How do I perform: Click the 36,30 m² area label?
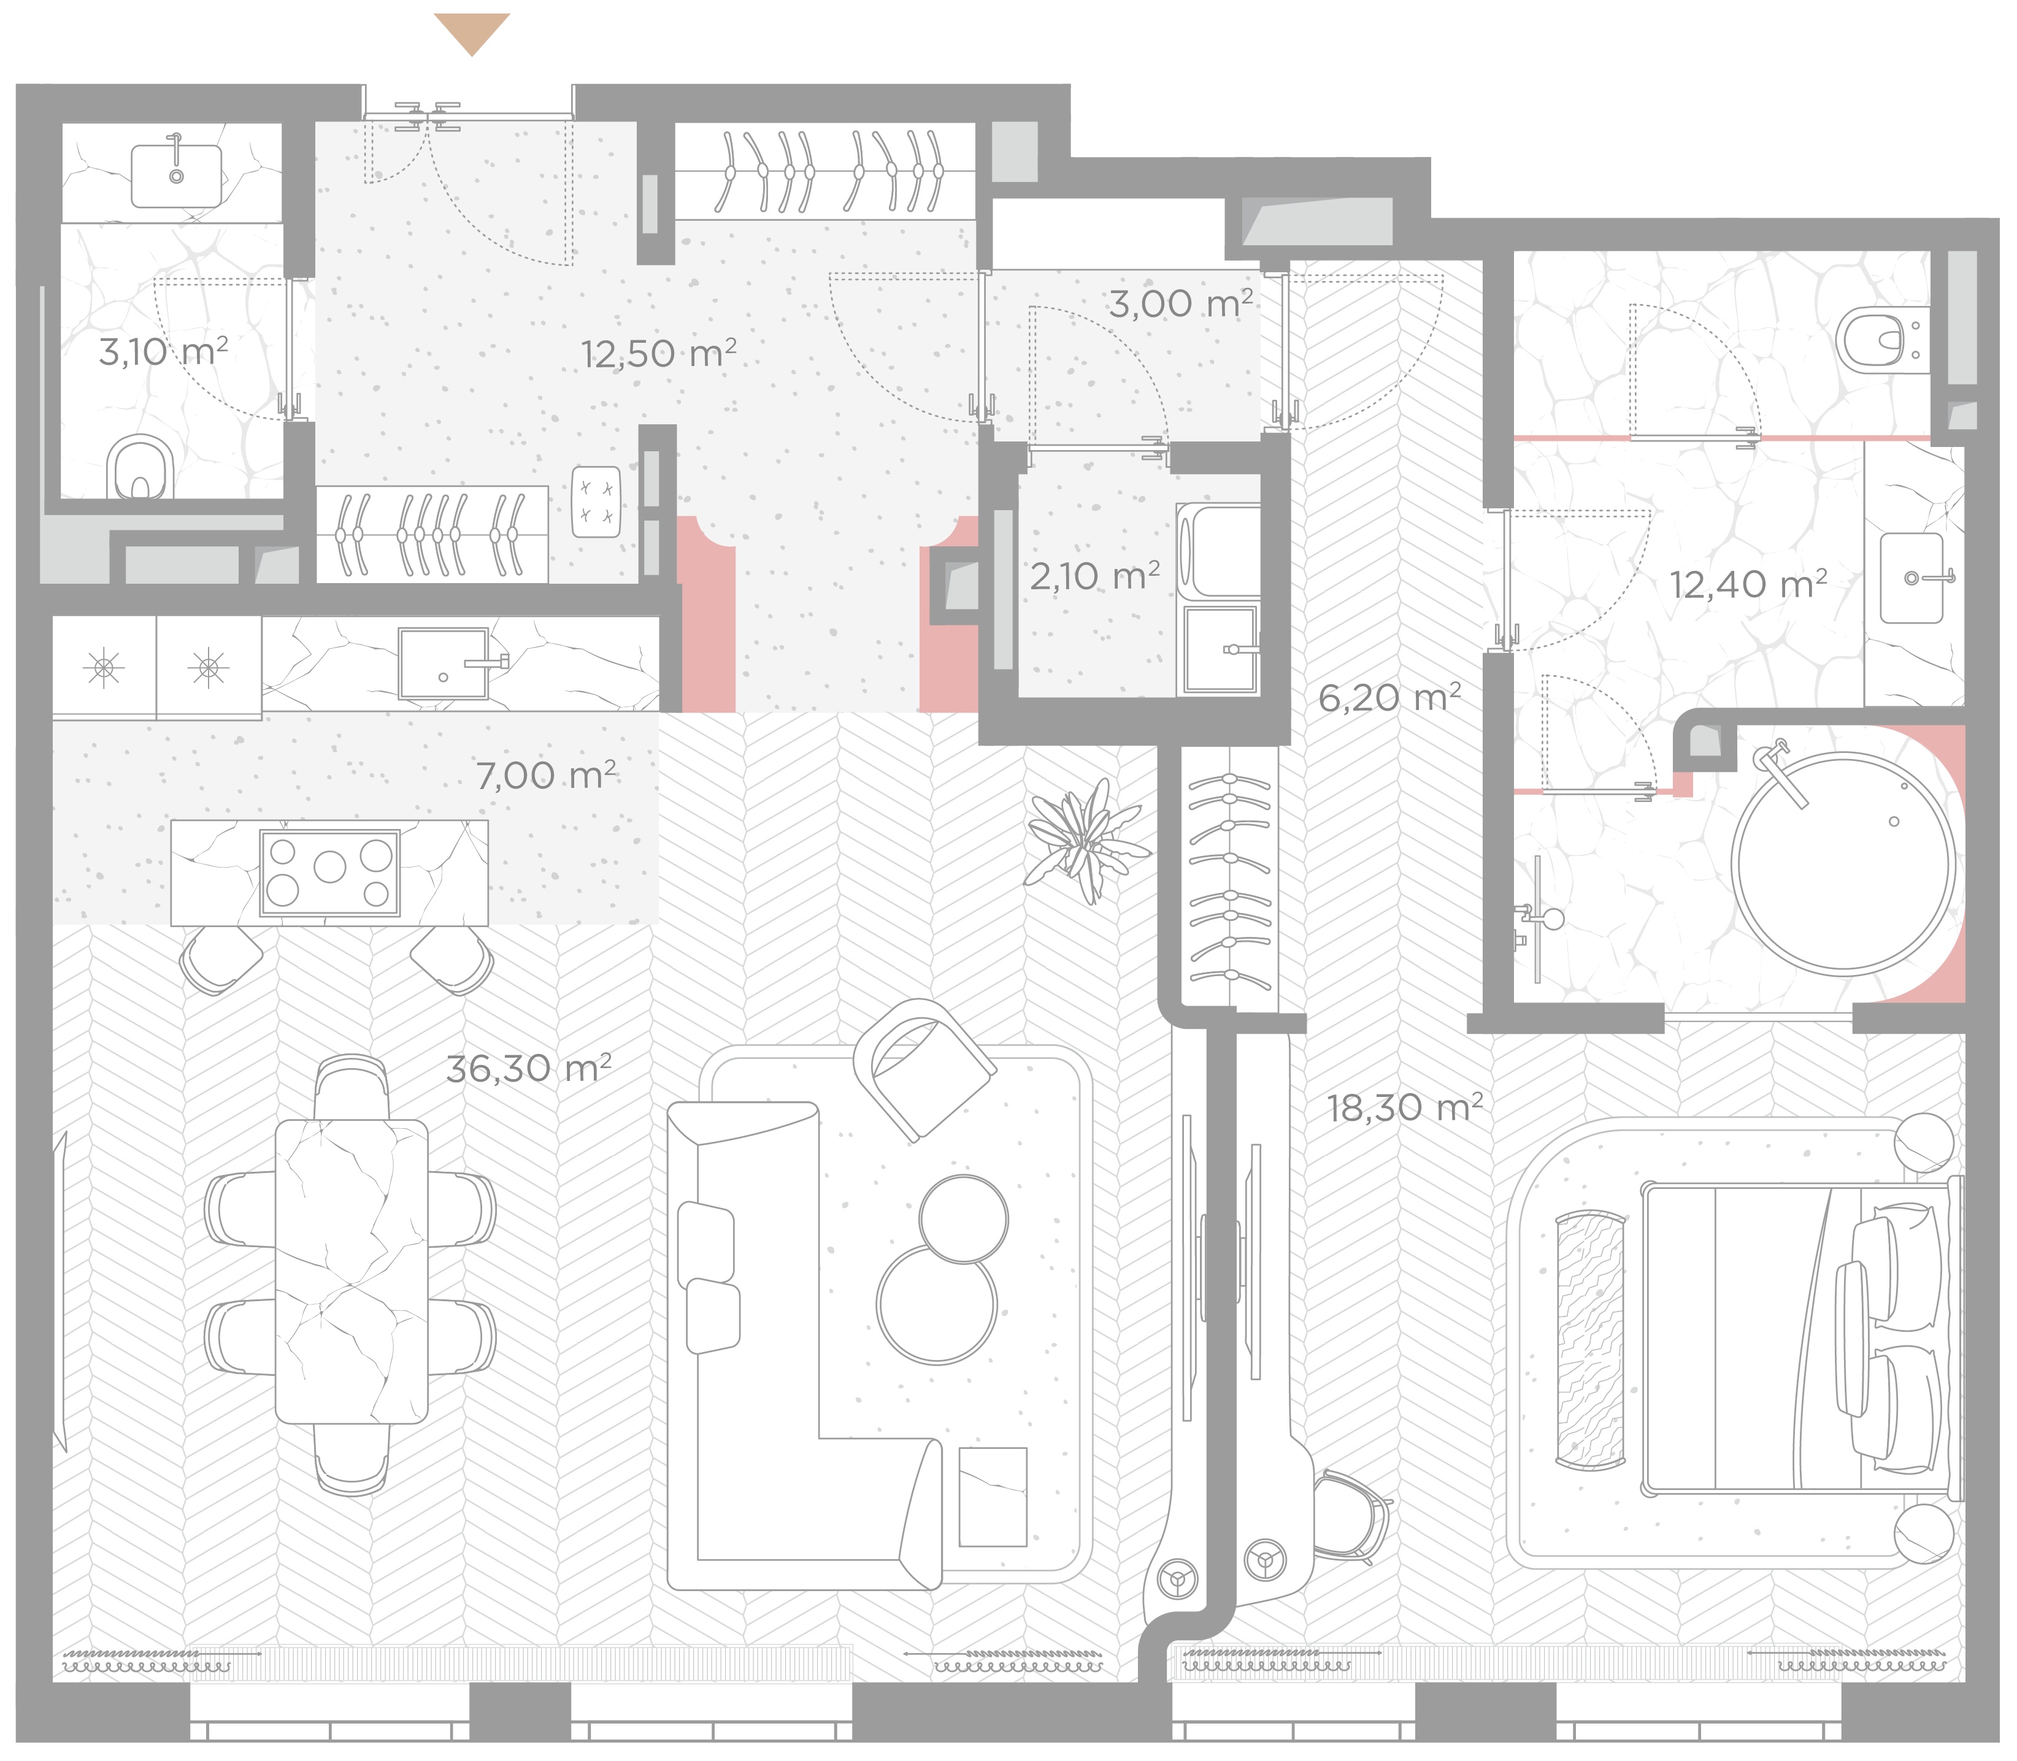click(529, 1068)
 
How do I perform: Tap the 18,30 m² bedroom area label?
click(1405, 1107)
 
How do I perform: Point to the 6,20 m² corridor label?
click(1389, 698)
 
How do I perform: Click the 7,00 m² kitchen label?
click(547, 776)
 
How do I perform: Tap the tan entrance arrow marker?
click(472, 33)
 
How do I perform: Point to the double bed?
click(1800, 1342)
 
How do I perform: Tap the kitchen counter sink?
click(444, 663)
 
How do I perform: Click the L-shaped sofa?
click(804, 1347)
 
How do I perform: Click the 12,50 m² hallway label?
click(659, 353)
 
